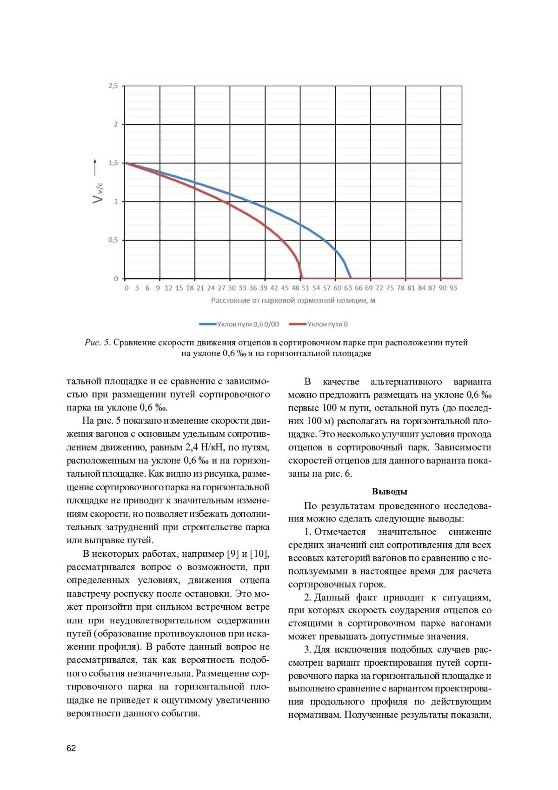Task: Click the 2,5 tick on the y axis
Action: tap(113, 86)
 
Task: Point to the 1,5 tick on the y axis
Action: tap(113, 163)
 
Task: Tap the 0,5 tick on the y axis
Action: tap(113, 240)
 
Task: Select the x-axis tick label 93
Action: tap(453, 288)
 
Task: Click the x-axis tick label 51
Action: tap(306, 288)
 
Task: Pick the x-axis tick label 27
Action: tap(221, 288)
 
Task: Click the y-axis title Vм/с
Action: tap(98, 192)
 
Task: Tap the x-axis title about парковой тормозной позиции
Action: tap(293, 301)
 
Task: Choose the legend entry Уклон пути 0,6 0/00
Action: tap(239, 324)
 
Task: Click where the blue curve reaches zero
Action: tap(351, 278)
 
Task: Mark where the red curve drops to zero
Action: tap(302, 278)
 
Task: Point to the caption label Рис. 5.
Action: tap(97, 343)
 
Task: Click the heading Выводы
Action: tap(390, 492)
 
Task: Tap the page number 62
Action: tap(71, 749)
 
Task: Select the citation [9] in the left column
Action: tap(232, 554)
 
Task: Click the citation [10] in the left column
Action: tap(259, 554)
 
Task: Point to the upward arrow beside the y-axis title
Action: tap(95, 167)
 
